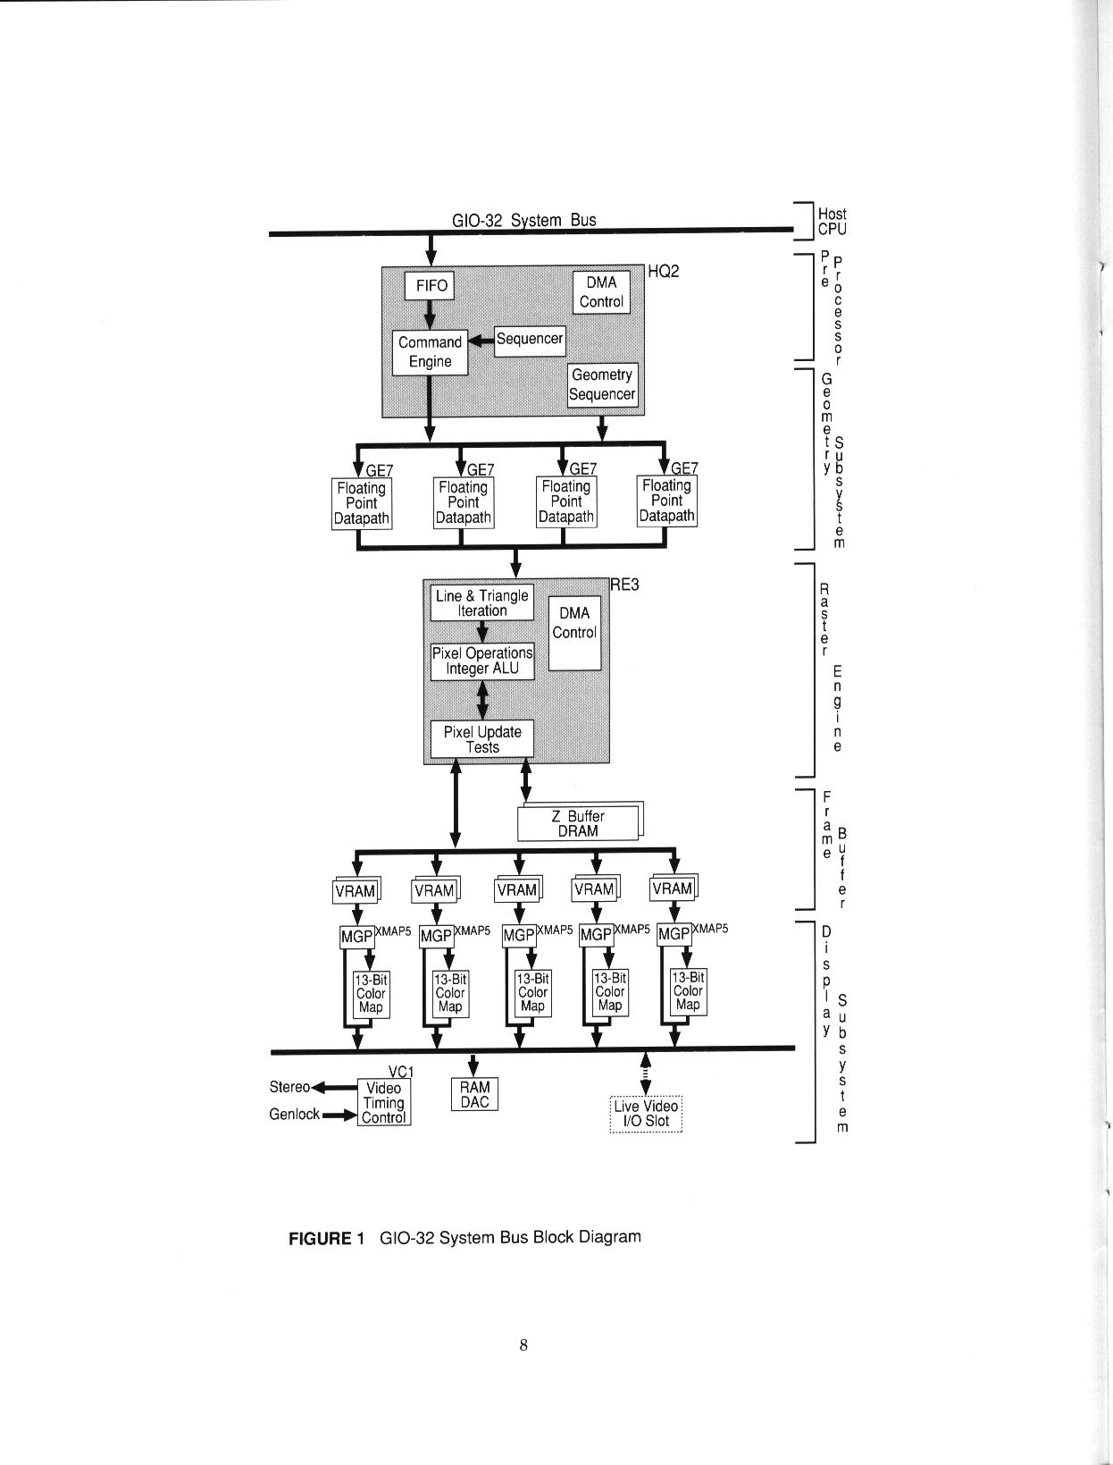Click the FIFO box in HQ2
pos(430,286)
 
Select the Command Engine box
pos(430,352)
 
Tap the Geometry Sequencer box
pos(603,385)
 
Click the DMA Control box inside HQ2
pos(601,292)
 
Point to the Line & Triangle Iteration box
pos(482,603)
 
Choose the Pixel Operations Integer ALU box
pos(482,661)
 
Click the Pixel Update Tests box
pos(482,739)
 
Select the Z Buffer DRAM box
pos(578,823)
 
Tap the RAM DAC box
pos(474,1094)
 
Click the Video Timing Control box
pos(384,1103)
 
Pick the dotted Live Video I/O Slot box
pos(646,1114)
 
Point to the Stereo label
pos(289,1087)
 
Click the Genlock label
pos(294,1115)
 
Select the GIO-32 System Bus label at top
pos(524,220)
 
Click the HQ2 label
pos(663,272)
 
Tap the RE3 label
pos(625,585)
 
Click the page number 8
pos(523,1345)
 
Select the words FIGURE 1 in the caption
pos(326,1238)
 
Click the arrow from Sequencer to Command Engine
pos(481,340)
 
